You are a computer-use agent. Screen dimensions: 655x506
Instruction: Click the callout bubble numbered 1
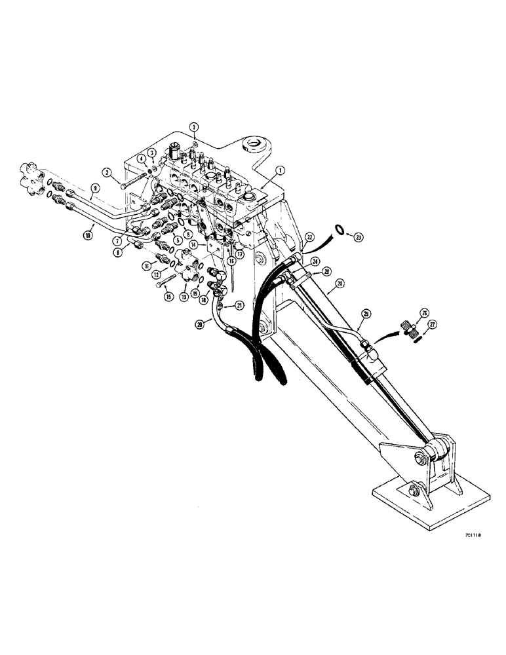[279, 169]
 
